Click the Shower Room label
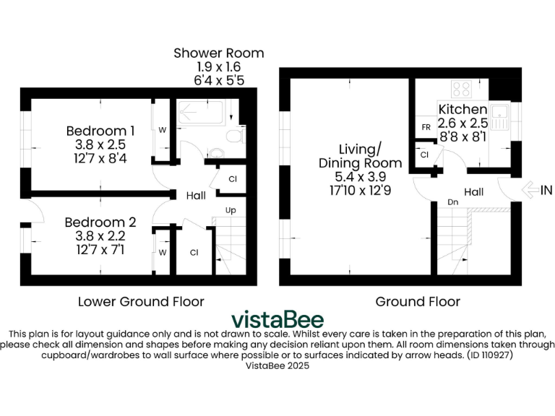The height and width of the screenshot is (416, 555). click(218, 53)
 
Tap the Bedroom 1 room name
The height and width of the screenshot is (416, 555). click(100, 131)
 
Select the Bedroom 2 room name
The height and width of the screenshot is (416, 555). click(100, 222)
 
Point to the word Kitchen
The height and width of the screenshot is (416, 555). click(463, 109)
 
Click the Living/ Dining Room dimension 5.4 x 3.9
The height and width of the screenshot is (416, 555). click(350, 176)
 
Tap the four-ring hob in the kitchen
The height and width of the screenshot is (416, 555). click(462, 90)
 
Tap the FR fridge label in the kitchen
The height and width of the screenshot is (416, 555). click(427, 127)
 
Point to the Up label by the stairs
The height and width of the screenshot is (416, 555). click(231, 210)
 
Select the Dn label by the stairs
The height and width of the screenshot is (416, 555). click(453, 202)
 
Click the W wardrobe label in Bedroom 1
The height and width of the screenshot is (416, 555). click(162, 130)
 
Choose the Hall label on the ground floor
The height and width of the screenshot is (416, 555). click(474, 192)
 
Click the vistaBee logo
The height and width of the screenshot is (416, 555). click(277, 319)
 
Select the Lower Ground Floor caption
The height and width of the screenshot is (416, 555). click(140, 301)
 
